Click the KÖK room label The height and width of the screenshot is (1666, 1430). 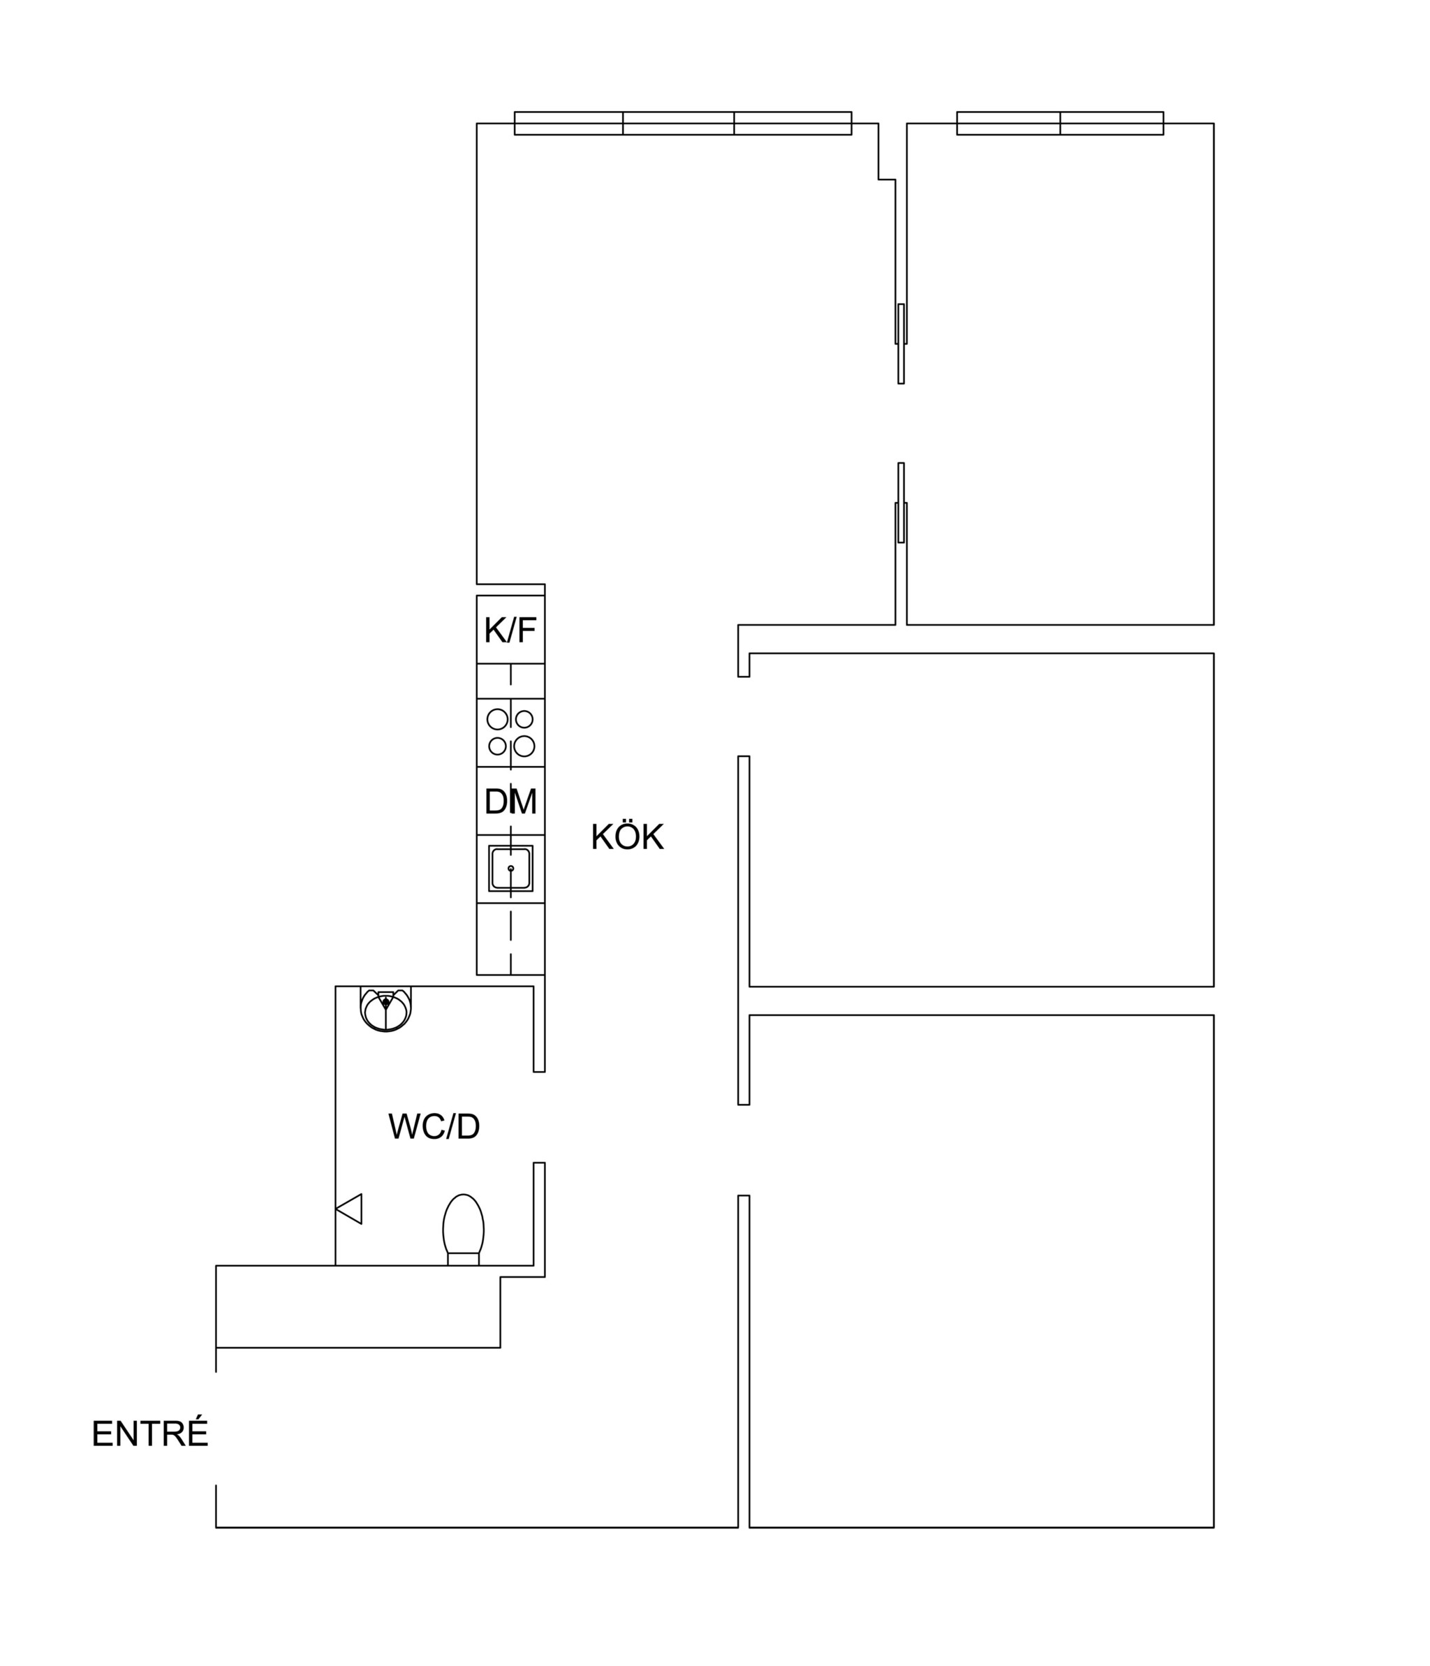626,837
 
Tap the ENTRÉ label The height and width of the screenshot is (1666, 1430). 150,1432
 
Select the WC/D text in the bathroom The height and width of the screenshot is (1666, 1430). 434,1126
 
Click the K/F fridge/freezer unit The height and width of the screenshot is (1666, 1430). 510,630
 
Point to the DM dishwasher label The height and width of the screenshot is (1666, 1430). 510,801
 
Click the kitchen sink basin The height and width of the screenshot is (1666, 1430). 510,869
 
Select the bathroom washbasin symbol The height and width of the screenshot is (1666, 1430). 386,1009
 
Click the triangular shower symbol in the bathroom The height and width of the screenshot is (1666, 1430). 349,1209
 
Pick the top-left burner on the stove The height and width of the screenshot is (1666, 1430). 498,718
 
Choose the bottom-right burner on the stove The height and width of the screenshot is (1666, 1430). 524,746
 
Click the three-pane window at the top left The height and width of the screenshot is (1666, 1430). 683,123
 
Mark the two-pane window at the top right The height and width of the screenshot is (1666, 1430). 1060,123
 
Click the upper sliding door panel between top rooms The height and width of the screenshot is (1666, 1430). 901,344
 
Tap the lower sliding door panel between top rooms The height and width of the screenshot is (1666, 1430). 901,503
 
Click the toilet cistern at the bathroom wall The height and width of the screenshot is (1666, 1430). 463,1259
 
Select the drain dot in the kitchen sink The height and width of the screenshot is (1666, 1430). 510,869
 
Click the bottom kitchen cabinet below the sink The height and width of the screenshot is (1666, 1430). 510,939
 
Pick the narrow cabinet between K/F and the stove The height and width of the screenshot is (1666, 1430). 510,681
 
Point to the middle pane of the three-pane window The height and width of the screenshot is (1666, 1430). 678,123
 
